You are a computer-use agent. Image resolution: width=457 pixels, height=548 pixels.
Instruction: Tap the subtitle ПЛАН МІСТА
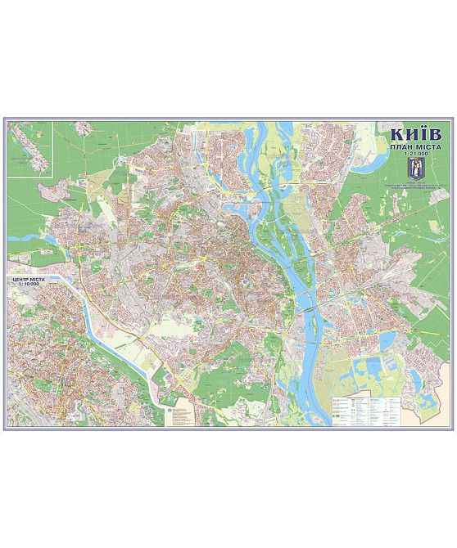[414, 147]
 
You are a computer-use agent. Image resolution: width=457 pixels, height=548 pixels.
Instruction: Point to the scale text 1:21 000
[414, 155]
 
